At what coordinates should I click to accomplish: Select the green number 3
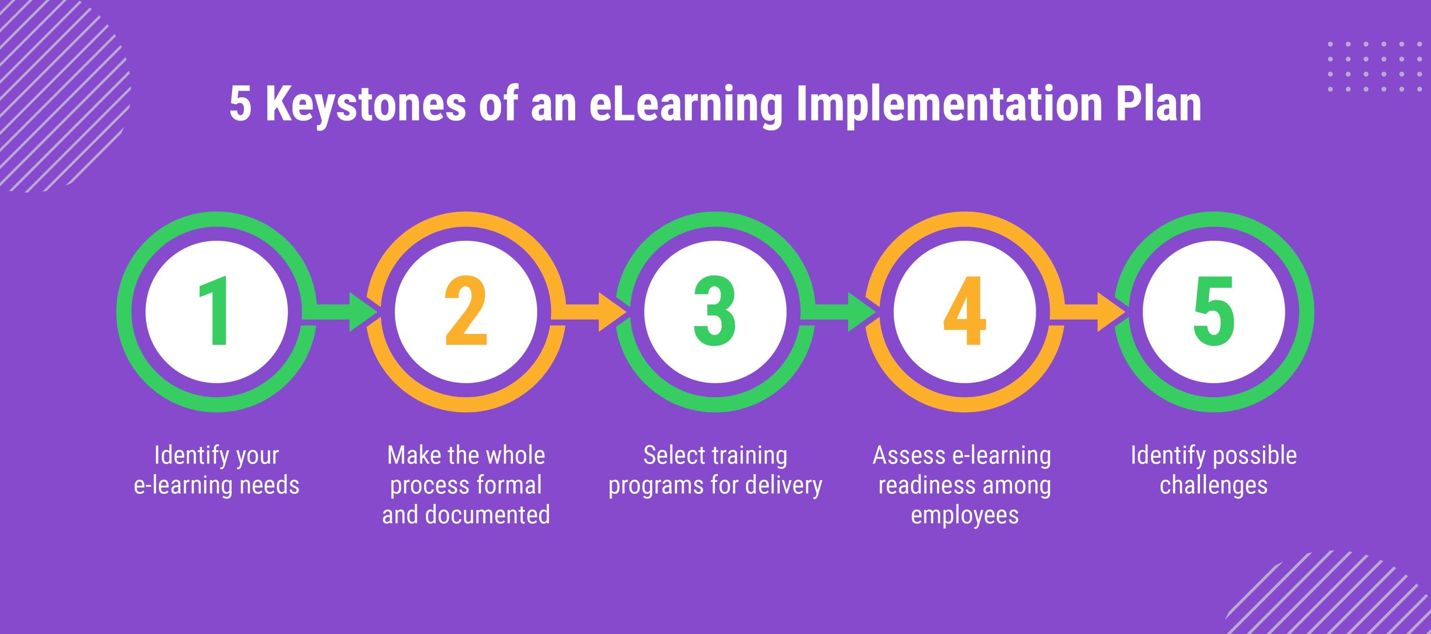click(x=715, y=311)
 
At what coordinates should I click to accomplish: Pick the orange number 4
click(x=965, y=311)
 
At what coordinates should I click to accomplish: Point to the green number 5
click(x=1214, y=311)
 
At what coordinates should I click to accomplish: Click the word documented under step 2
click(x=487, y=514)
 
